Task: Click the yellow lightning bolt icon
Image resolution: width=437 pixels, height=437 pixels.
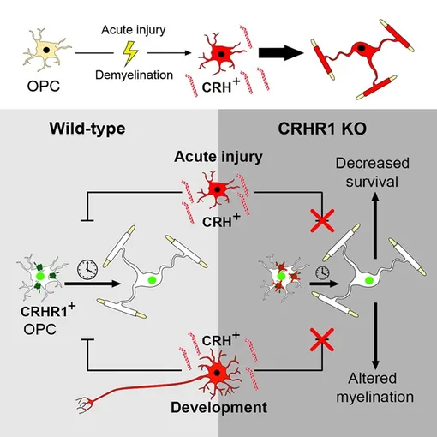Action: (130, 53)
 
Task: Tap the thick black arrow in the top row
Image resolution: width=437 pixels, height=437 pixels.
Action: (280, 53)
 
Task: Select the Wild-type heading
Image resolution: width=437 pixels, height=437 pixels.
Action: (87, 129)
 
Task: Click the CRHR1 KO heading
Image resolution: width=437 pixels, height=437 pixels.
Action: (322, 129)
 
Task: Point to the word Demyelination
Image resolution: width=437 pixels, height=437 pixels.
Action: (134, 75)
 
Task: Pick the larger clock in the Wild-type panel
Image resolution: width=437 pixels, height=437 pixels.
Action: (87, 269)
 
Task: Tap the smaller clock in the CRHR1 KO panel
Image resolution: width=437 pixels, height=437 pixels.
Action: (322, 272)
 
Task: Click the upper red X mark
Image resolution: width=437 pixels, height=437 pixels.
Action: (322, 220)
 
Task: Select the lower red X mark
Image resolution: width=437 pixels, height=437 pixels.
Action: (322, 339)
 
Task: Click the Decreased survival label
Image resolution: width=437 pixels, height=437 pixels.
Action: (373, 172)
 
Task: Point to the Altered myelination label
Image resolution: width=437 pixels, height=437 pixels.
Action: (374, 387)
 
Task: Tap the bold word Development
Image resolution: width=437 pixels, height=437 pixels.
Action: (218, 408)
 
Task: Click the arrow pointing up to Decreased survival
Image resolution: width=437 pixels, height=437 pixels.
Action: (375, 225)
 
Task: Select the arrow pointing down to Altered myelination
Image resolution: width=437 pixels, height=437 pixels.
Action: (375, 337)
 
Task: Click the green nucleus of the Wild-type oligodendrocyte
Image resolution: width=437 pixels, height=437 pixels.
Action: (152, 280)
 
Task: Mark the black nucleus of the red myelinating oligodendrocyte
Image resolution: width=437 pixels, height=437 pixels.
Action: (362, 48)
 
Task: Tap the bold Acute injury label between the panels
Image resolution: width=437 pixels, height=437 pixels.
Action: (218, 157)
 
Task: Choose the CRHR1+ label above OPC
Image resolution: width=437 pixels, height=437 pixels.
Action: (48, 310)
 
